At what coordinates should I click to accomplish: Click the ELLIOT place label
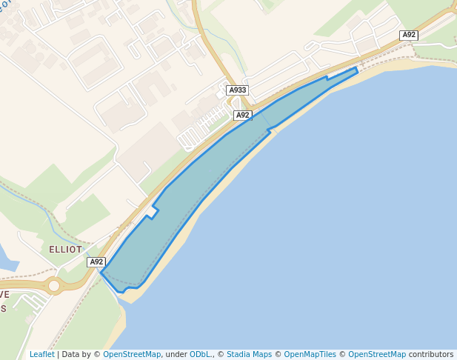tap(65, 250)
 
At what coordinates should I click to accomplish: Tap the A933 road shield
tap(237, 90)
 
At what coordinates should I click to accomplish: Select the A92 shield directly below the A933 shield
tap(243, 115)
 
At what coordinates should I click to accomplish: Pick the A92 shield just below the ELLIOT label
tap(96, 261)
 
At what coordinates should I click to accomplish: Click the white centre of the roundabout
tap(53, 285)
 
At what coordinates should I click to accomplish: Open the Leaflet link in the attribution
tap(41, 354)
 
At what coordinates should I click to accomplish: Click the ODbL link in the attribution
tap(200, 354)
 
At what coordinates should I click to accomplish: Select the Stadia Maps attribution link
tap(249, 354)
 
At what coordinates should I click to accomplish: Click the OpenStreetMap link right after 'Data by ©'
tap(132, 354)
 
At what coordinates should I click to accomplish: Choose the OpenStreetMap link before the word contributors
tap(377, 354)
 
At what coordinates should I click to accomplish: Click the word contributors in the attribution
tap(431, 354)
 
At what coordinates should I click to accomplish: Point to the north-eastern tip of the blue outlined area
tap(356, 68)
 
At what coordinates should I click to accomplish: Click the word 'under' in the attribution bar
tap(176, 354)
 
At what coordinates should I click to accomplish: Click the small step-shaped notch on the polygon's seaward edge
tap(270, 131)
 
